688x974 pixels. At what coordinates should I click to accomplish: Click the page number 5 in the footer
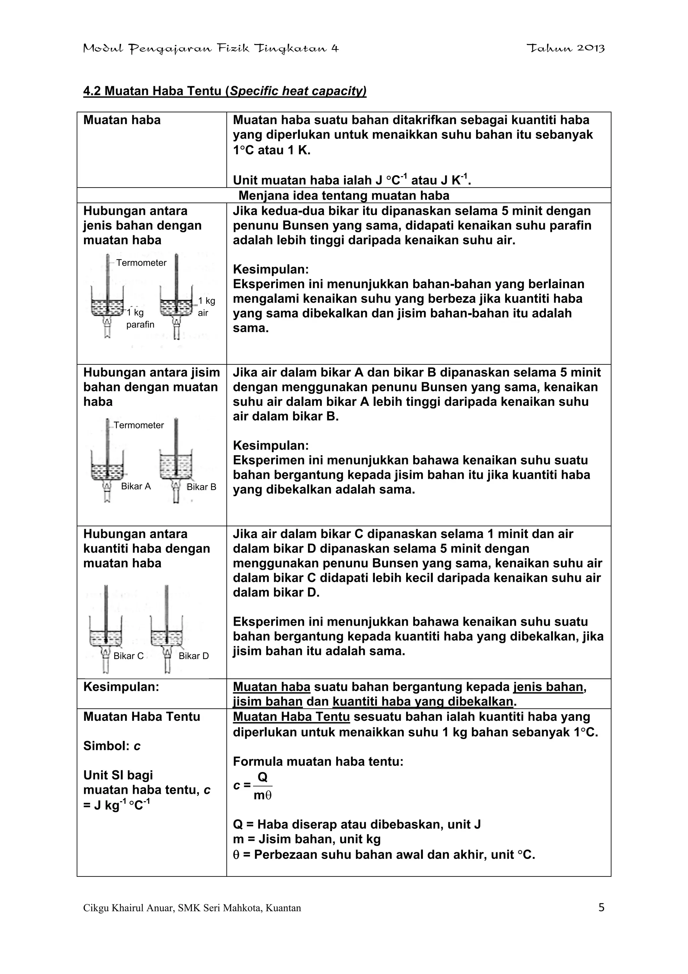tap(601, 907)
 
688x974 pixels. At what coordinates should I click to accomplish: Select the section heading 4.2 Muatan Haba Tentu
tap(225, 91)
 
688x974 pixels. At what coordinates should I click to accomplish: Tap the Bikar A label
tap(136, 486)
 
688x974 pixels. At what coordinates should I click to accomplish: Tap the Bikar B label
tap(201, 486)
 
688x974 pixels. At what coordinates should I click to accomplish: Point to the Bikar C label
tap(128, 656)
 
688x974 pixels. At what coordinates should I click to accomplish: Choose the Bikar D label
tap(194, 656)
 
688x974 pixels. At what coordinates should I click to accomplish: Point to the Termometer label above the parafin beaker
tap(141, 263)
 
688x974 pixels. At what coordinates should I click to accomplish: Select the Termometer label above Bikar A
tap(139, 425)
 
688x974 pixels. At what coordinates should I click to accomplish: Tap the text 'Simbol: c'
tap(112, 746)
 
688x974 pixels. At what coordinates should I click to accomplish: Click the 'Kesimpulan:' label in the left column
tap(121, 687)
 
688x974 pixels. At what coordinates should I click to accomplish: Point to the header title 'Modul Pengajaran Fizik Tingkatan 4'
tap(211, 48)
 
